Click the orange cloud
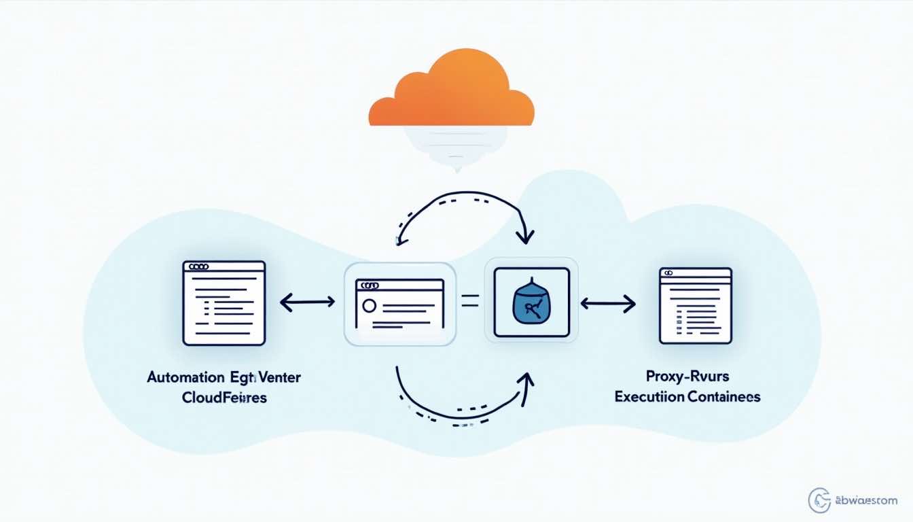451,92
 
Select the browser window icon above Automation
223,302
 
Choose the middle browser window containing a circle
399,304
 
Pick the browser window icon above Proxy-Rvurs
695,304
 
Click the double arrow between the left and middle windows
307,302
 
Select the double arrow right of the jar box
607,303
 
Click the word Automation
185,377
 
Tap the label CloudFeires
224,398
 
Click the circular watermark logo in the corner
819,500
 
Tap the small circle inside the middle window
369,305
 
